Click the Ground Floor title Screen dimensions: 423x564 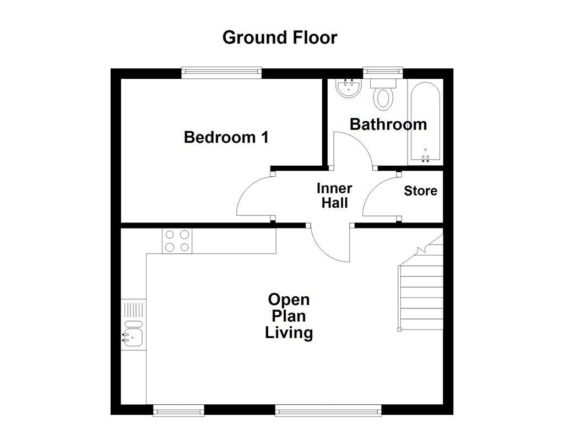280,37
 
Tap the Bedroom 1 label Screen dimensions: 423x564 226,137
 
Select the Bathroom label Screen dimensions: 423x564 388,124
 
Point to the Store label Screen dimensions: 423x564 420,191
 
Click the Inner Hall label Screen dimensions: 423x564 334,196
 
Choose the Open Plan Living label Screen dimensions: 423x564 289,316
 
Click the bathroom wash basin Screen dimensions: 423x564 348,88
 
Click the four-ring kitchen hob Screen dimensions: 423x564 177,241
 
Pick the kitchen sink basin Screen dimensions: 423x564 133,337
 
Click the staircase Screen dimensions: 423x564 421,292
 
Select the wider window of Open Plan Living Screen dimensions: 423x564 328,409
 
